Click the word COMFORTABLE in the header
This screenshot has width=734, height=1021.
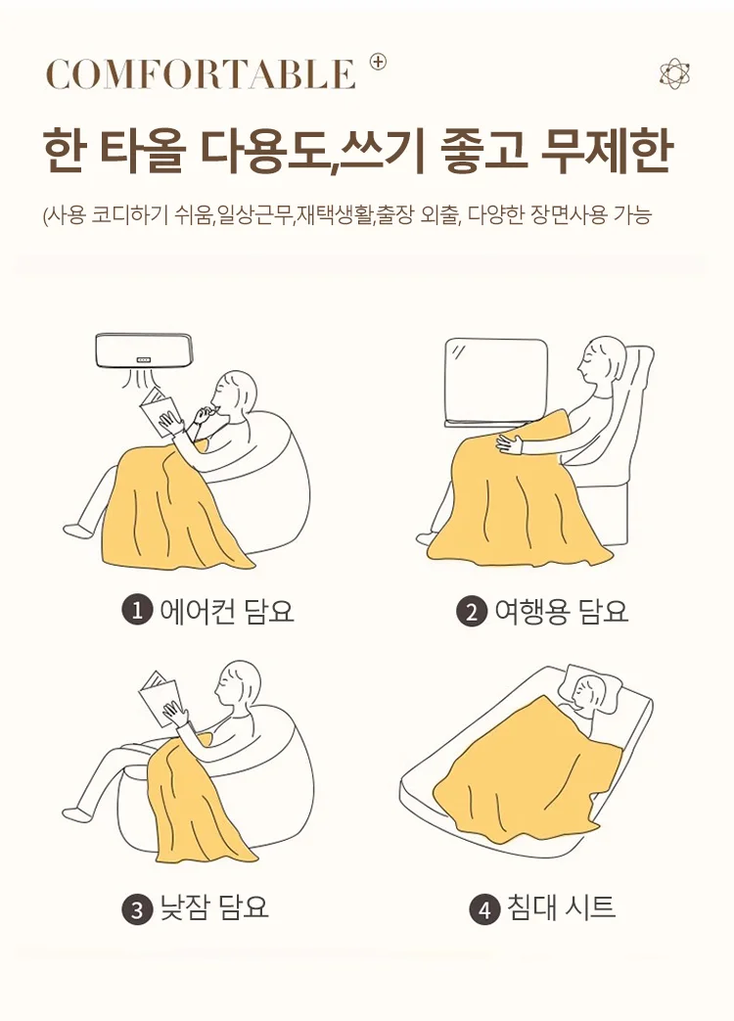coord(200,74)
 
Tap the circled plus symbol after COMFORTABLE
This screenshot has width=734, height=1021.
coord(378,62)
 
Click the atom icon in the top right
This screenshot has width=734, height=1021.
coord(674,73)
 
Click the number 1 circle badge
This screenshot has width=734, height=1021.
coord(136,611)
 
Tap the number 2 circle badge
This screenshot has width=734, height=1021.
coord(472,612)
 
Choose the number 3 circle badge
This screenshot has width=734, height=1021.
coord(136,909)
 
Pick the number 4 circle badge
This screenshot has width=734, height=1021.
coord(483,909)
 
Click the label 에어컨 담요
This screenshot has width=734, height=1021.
coord(226,611)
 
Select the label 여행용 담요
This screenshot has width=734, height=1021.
coord(561,612)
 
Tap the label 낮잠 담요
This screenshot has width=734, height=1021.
coord(213,908)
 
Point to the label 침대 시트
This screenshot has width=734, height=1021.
coord(561,908)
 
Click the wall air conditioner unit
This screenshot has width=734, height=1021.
coord(144,349)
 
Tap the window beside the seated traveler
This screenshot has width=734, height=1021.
coord(495,382)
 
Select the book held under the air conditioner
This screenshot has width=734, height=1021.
coord(160,412)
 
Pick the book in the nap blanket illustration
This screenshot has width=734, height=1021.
coord(160,699)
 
